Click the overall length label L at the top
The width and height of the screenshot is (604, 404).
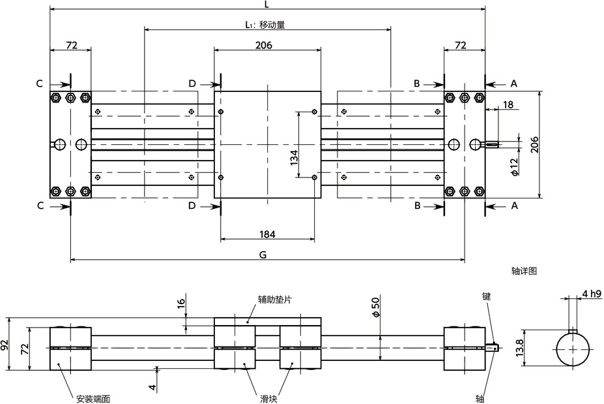point(267,5)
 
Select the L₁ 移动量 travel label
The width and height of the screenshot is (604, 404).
point(265,25)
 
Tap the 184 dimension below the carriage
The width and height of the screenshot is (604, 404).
point(267,234)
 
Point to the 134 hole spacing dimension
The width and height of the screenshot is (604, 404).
point(294,157)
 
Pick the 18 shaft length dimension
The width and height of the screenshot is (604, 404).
point(508,104)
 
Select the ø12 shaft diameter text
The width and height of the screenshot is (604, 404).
point(514,167)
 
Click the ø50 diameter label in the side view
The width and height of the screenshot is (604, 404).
point(375,307)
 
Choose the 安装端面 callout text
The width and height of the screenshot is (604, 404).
point(92,397)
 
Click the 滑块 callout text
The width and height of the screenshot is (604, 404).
point(268,397)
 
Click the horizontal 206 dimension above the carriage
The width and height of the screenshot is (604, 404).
point(263,45)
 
